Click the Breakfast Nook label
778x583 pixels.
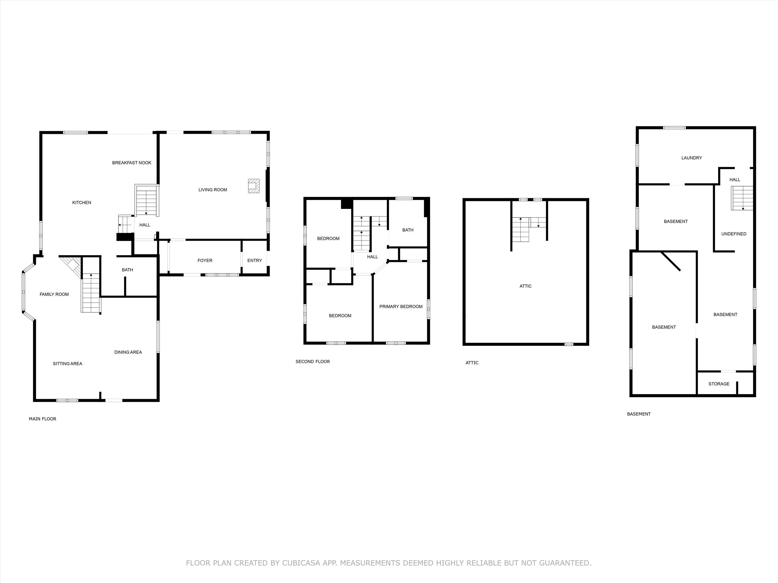[x=132, y=163]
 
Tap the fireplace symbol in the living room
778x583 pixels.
[x=254, y=186]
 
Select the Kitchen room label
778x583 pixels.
[x=82, y=202]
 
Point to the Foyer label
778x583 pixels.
[x=205, y=260]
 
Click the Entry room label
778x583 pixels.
[x=255, y=260]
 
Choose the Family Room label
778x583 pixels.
[x=54, y=294]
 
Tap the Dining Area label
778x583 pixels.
[x=128, y=352]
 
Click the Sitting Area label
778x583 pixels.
[x=68, y=364]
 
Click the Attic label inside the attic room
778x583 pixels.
[x=525, y=286]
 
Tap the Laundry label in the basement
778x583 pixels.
[x=691, y=158]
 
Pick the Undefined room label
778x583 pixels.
[x=734, y=234]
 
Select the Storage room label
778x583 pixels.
[x=719, y=384]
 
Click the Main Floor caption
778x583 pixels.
[x=43, y=419]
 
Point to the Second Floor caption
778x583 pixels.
[x=313, y=362]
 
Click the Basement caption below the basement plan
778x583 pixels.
[x=639, y=414]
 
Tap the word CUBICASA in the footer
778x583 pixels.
[x=301, y=563]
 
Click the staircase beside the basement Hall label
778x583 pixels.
[x=742, y=198]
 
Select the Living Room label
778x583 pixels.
[x=213, y=190]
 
